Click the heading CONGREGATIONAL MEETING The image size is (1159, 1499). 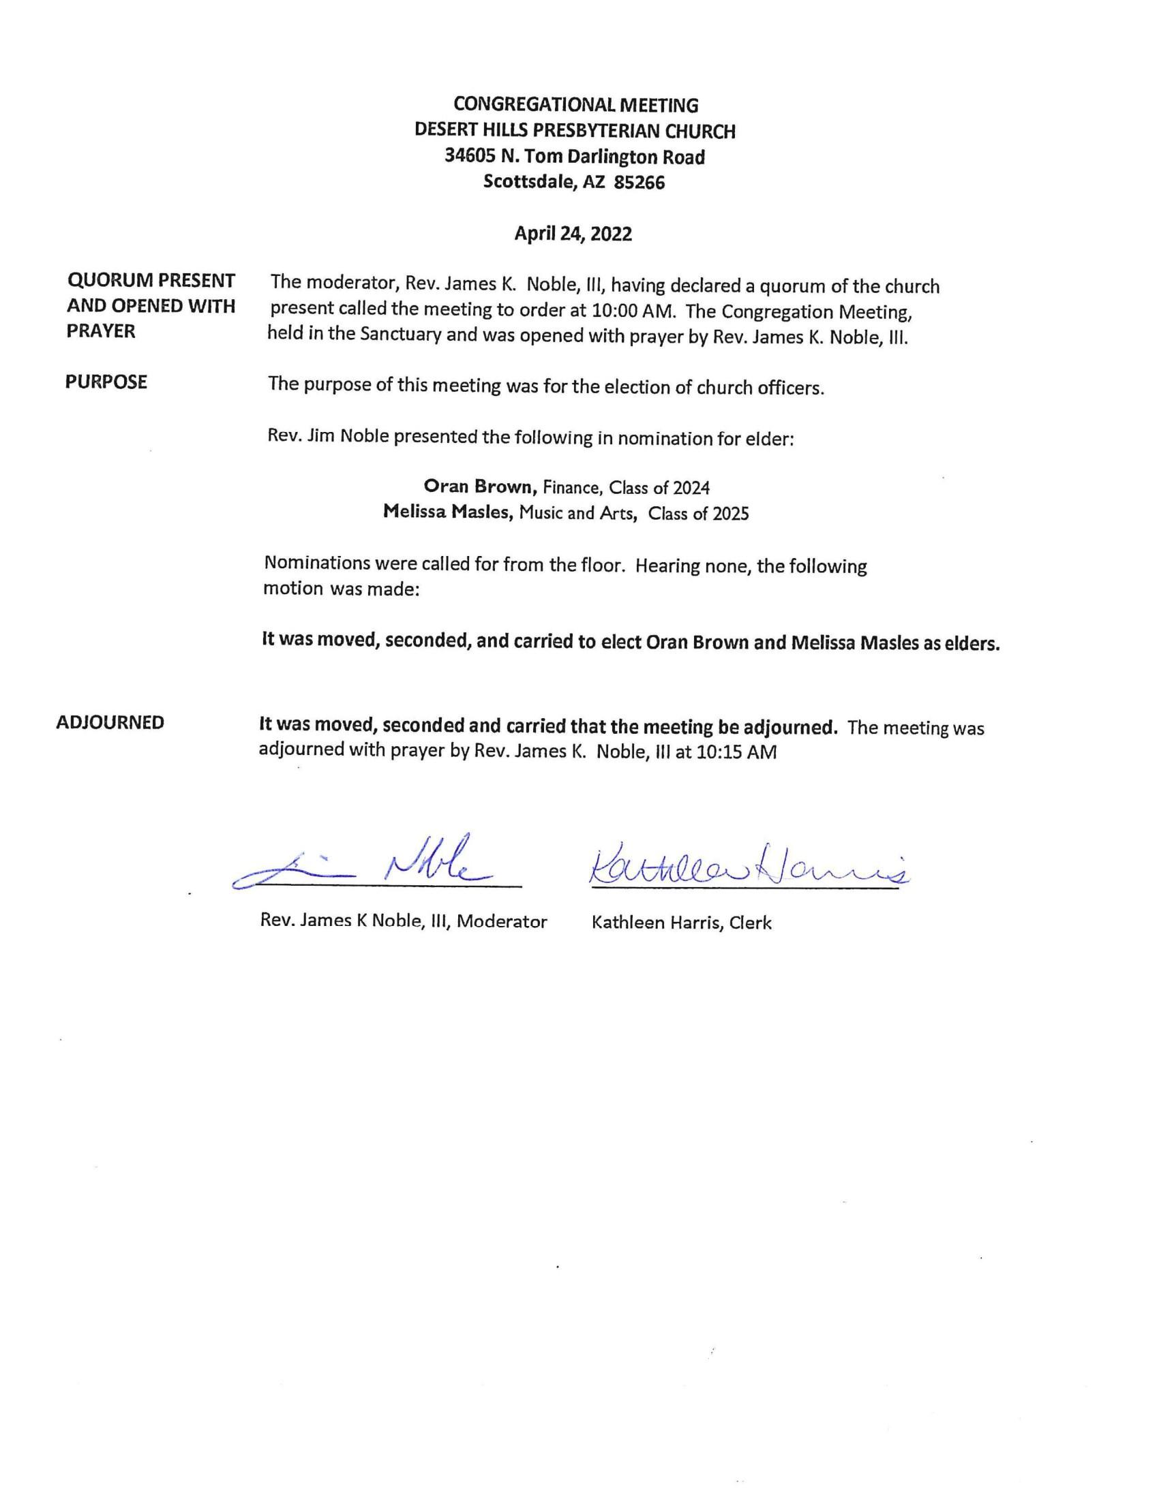pos(575,105)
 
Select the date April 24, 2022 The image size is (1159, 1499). pos(573,234)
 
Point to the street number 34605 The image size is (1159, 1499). pos(468,157)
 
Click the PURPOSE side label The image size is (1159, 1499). pos(106,382)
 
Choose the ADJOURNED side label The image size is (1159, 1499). pos(110,722)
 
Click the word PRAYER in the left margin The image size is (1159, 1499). pos(101,331)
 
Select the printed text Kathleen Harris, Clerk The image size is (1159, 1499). pos(681,923)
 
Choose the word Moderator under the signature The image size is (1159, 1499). pos(502,921)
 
